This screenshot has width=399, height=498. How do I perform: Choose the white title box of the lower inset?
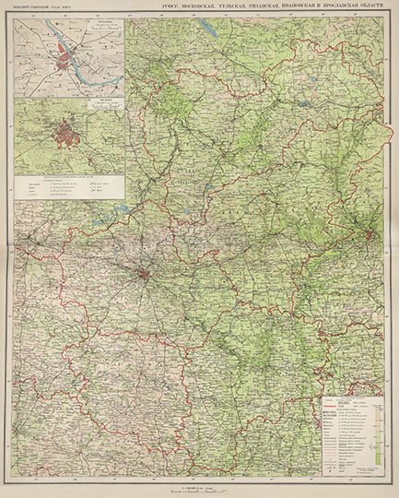pos(105,104)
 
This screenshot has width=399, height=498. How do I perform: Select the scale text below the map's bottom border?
pos(199,485)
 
